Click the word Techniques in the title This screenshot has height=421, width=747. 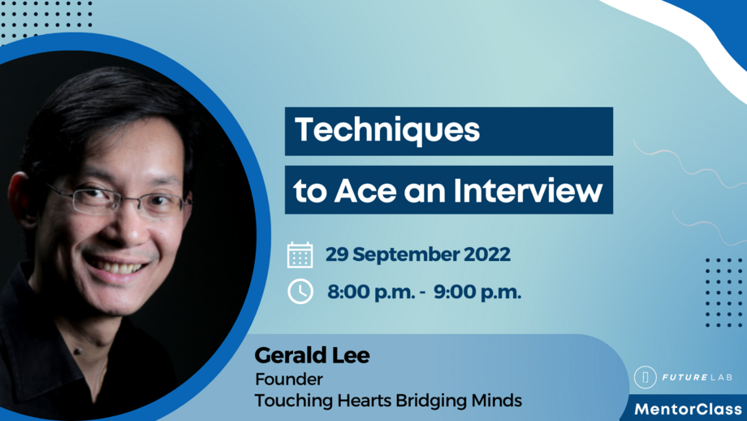coord(386,130)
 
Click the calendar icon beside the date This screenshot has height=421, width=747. coord(300,255)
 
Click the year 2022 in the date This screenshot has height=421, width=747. coord(487,254)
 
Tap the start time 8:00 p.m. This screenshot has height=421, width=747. coord(370,292)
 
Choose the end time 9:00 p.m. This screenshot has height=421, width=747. coord(477,292)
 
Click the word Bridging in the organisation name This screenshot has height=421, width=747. coord(430,401)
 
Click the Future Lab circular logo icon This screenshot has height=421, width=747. coord(646,378)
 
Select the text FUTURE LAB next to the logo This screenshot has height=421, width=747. coord(697,378)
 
